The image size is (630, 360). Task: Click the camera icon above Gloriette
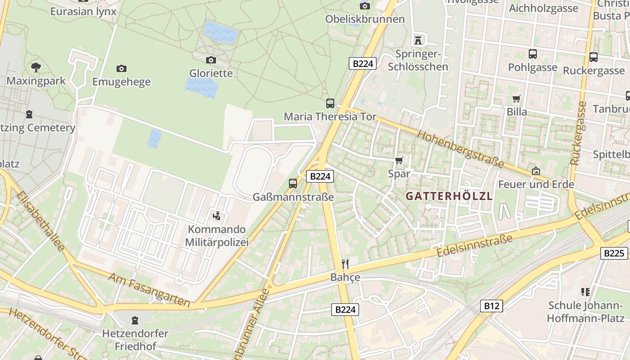coord(211,60)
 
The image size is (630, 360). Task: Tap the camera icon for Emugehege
coord(121,69)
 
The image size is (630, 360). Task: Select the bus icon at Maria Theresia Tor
coord(330,103)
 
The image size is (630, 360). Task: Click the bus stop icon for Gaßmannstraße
coord(293,183)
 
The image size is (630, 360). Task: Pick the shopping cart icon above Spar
coord(399,160)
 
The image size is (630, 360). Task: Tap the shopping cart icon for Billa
coord(517,99)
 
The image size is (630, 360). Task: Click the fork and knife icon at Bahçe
coord(345,264)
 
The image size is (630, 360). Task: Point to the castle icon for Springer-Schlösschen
coord(418,40)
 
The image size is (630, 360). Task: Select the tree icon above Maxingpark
coord(36,68)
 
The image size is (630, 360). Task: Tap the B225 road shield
coord(614,253)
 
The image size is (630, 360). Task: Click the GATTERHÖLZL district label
coord(449,196)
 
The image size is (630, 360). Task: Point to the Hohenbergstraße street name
coord(460,148)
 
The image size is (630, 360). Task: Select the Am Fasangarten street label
coord(148,290)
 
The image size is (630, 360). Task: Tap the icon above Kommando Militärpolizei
coord(217,216)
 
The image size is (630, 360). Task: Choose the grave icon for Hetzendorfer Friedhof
coord(135,320)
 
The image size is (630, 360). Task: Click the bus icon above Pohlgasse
coord(533,54)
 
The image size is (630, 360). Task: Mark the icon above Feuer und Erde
coord(536,171)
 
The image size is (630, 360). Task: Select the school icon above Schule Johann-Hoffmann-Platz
coord(585,292)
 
